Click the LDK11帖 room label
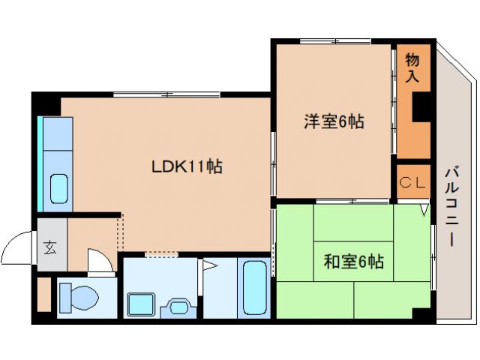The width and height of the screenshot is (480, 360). pos(187,166)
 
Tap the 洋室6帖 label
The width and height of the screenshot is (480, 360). pos(334,121)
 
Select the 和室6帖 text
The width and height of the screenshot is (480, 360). pos(354,262)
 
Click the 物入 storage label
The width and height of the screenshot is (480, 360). pos(412,67)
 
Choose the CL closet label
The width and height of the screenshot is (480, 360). pos(412,181)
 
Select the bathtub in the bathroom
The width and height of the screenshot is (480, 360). pos(256,289)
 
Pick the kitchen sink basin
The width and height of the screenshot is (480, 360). pos(59,188)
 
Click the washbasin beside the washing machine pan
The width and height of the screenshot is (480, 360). pos(178,306)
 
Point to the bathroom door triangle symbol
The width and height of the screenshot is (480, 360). pos(208,266)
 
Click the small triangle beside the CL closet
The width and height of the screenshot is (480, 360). pos(424,210)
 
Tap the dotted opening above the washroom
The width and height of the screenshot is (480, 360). pos(160,256)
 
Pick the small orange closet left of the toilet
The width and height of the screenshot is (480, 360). pos(43,295)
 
